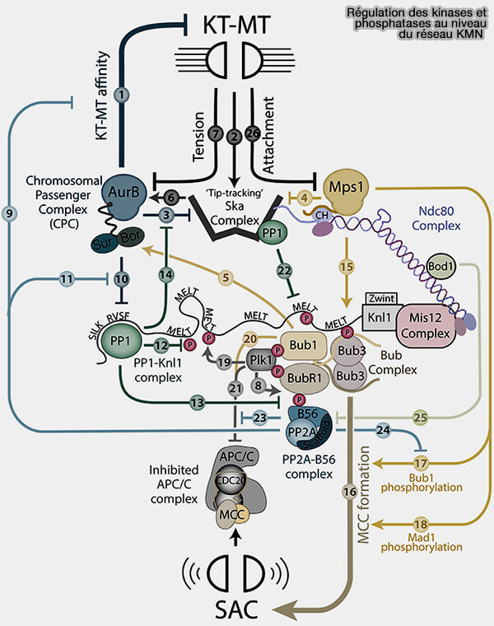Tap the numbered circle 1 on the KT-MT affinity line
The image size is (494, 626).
pos(123,94)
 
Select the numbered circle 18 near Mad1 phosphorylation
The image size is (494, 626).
pos(422,524)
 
